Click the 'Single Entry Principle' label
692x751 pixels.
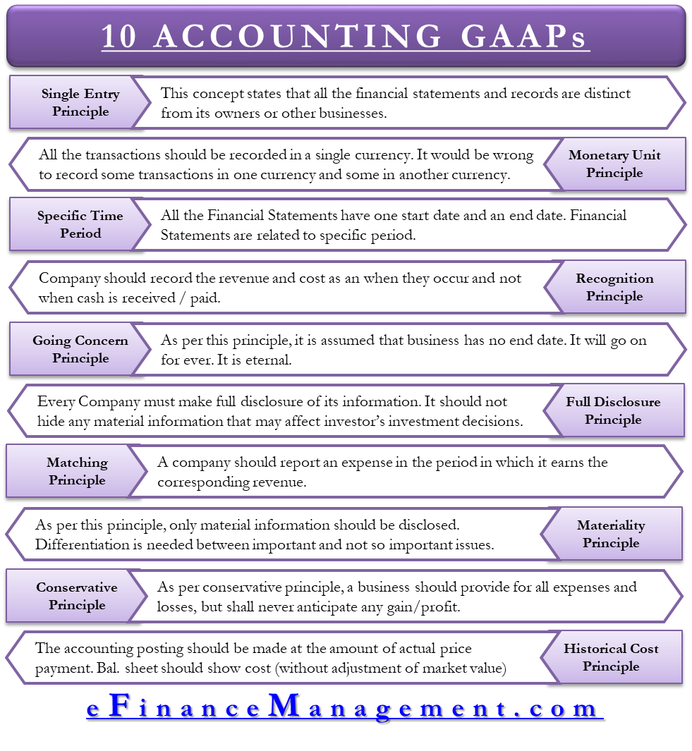80,102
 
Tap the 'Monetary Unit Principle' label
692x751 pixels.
614,164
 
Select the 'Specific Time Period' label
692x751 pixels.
80,225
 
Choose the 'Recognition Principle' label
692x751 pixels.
614,287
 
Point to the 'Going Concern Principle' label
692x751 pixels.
80,349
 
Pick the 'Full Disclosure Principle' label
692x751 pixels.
613,410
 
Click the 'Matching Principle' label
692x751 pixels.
77,471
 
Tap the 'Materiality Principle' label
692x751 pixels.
611,534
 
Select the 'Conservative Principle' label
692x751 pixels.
77,596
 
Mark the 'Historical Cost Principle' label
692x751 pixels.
611,657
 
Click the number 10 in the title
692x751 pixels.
119,36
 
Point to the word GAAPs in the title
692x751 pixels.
523,36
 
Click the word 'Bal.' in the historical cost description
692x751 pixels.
108,668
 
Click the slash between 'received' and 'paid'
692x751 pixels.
183,298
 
